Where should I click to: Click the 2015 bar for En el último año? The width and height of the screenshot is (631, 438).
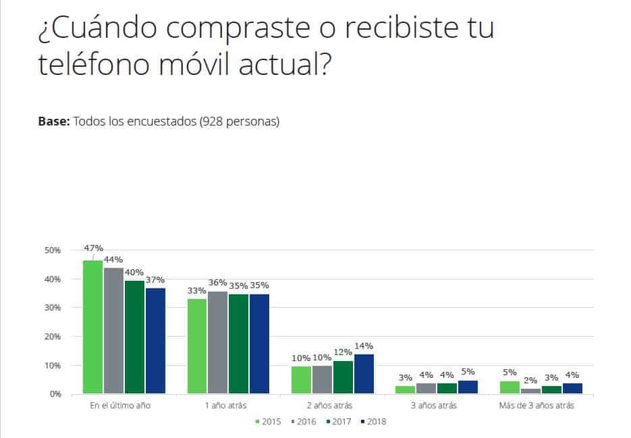[92, 327]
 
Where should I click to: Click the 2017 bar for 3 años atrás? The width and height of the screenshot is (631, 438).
[447, 388]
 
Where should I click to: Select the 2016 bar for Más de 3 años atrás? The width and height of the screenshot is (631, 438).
[530, 391]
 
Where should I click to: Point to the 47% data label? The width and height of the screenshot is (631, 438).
[92, 248]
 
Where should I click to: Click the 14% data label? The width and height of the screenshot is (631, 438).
[363, 346]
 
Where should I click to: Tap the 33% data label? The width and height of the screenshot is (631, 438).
[197, 291]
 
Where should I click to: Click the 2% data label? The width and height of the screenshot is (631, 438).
[530, 380]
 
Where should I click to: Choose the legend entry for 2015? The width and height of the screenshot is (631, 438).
[269, 422]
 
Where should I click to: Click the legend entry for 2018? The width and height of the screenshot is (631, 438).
[373, 422]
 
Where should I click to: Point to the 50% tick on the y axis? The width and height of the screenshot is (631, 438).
[52, 250]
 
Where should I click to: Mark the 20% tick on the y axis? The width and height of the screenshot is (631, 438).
[52, 337]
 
